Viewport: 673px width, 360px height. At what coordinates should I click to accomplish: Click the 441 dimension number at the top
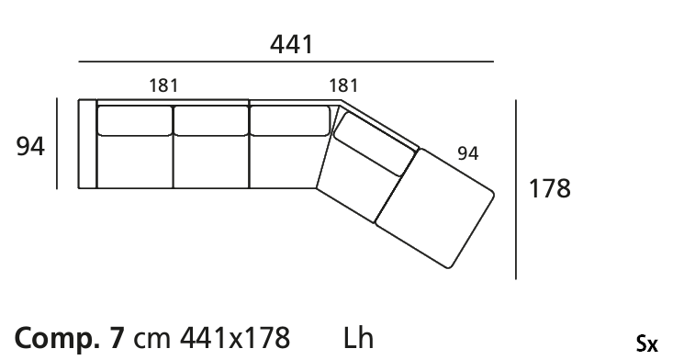pyautogui.click(x=291, y=44)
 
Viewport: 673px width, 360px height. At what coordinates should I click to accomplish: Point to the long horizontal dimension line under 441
pyautogui.click(x=286, y=62)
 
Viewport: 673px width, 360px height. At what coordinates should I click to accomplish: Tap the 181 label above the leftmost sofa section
pyautogui.click(x=163, y=85)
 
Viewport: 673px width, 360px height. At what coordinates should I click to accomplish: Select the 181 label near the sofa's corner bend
pyautogui.click(x=343, y=85)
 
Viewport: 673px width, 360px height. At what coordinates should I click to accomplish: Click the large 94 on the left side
pyautogui.click(x=30, y=146)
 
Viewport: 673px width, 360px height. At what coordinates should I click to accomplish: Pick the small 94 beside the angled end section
pyautogui.click(x=468, y=153)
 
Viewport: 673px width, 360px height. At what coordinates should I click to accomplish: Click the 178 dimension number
pyautogui.click(x=549, y=188)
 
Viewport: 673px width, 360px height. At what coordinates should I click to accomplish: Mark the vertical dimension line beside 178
pyautogui.click(x=516, y=190)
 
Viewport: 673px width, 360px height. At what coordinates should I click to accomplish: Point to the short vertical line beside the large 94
pyautogui.click(x=57, y=143)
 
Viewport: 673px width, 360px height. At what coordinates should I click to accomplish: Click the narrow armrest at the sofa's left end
pyautogui.click(x=87, y=144)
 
